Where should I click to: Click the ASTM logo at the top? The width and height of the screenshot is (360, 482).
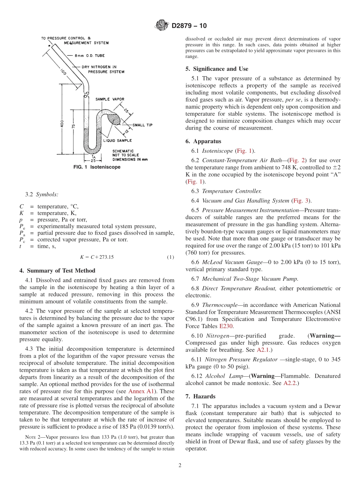point(162,26)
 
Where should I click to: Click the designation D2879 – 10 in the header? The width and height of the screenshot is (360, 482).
point(189,26)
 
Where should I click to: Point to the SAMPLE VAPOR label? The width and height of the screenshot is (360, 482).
point(110,99)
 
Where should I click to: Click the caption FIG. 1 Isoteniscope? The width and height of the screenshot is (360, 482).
point(97,167)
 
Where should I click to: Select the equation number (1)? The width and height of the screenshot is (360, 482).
point(171,257)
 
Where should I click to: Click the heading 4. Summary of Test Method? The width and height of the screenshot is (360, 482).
point(57,271)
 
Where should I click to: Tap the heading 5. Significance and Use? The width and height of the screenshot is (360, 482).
point(217,69)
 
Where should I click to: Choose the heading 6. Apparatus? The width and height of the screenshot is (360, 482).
point(203,141)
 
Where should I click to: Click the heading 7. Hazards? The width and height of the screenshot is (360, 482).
point(200,396)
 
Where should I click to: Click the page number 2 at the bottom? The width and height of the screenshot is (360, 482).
point(180,466)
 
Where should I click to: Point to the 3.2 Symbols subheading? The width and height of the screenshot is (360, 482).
point(42,194)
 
